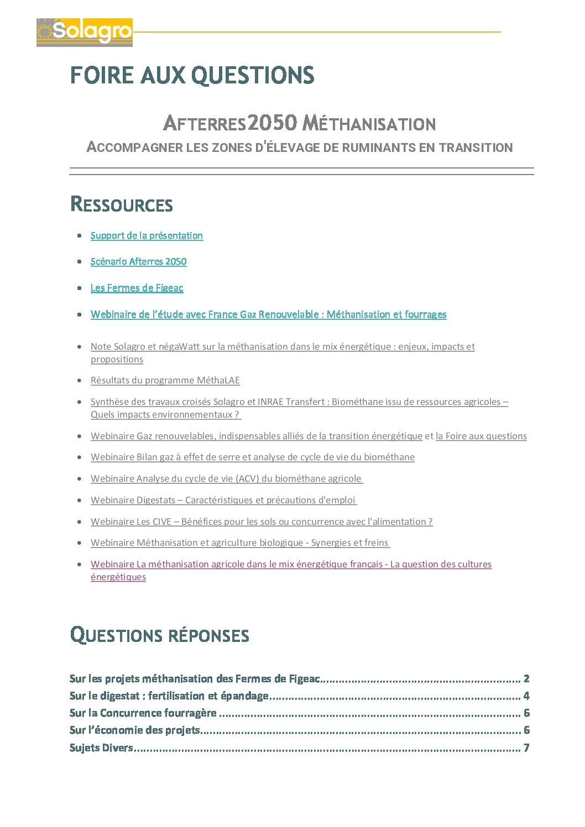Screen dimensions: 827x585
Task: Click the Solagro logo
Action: pyautogui.click(x=85, y=32)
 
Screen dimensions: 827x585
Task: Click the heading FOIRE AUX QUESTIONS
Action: pyautogui.click(x=192, y=76)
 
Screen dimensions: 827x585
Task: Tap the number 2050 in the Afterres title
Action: pyautogui.click(x=272, y=123)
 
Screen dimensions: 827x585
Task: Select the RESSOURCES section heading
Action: pyautogui.click(x=122, y=204)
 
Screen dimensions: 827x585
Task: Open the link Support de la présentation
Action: pyautogui.click(x=147, y=235)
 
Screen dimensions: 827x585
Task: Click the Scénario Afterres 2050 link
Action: pyautogui.click(x=138, y=261)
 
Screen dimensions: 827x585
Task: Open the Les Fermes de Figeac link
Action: pyautogui.click(x=137, y=288)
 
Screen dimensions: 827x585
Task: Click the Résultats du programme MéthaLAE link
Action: pyautogui.click(x=165, y=380)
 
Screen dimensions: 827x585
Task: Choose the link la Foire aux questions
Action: pyautogui.click(x=481, y=436)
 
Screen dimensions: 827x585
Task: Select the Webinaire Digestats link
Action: pyautogui.click(x=223, y=500)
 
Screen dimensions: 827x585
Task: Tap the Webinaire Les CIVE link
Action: pyautogui.click(x=261, y=522)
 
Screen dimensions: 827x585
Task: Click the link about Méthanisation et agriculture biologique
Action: pyautogui.click(x=239, y=542)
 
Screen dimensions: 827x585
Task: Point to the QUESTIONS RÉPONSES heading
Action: pyautogui.click(x=160, y=635)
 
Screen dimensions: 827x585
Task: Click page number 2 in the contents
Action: pyautogui.click(x=526, y=678)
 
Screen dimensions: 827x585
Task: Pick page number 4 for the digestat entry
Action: pyautogui.click(x=526, y=696)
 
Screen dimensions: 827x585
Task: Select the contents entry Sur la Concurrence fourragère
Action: pyautogui.click(x=143, y=713)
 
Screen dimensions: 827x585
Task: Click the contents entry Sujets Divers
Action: pyautogui.click(x=101, y=747)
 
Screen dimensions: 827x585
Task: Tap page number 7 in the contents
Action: pyautogui.click(x=526, y=747)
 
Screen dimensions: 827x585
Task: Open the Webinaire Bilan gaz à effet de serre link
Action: pyautogui.click(x=252, y=457)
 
